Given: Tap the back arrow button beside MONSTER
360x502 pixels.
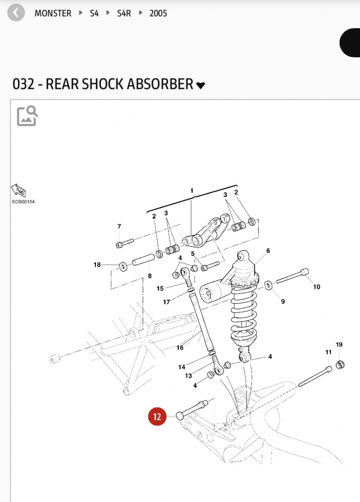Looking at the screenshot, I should pos(16,13).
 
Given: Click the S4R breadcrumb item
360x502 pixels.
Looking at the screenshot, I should pos(124,14).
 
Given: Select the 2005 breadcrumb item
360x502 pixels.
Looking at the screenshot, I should pos(158,14).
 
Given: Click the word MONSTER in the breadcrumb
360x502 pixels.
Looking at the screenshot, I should pos(53,14).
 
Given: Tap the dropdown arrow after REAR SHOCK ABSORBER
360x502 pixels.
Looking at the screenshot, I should pos(201,85).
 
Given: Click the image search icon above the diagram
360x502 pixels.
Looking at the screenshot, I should pos(27,115).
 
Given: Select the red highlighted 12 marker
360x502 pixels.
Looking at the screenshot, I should pos(157,417).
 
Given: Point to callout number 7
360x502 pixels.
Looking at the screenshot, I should pos(119,226).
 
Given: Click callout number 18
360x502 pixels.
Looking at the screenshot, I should pos(97,265).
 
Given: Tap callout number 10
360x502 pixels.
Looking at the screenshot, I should pos(316,287).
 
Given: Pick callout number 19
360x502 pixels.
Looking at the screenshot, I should pos(339,344).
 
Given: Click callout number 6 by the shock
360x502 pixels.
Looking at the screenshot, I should pos(268,250).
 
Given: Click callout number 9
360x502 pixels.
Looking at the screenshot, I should pos(283,301).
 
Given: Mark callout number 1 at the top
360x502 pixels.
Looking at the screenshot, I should pos(191,191).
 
